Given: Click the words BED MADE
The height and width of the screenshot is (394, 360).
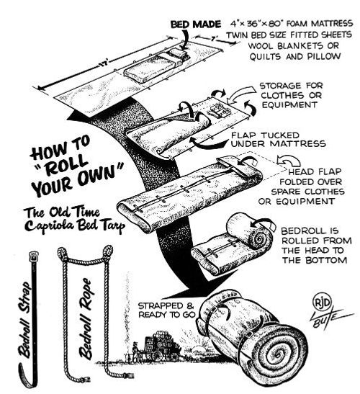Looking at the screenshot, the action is pos(195,24).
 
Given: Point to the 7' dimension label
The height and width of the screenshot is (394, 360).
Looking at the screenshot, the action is pos(213,39).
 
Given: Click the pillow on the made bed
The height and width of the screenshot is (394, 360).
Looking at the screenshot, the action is pos(177,53).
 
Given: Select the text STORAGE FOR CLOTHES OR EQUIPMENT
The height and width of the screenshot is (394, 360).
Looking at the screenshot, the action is pos(292,95).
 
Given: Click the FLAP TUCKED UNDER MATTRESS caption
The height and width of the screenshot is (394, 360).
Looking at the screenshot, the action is pos(279,140).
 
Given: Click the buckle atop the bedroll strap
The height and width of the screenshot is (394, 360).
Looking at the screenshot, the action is pos(33,256).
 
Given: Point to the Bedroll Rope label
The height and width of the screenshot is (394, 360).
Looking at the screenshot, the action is pos(86,318).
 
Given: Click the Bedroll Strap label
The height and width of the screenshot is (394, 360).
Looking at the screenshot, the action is pos(24,320).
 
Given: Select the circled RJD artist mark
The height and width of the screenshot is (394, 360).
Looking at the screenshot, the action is pos(322,303).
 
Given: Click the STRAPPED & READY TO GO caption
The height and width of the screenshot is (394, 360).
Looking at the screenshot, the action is pos(166,310).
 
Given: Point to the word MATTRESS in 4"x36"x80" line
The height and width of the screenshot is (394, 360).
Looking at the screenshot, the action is pos(332,24).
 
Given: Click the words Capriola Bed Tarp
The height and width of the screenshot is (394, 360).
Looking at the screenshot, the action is pos(75,225).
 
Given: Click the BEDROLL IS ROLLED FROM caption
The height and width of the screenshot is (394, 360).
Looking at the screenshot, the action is pos(316,236).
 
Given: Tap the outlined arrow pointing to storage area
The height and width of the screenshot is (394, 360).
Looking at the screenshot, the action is pos(241,95).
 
